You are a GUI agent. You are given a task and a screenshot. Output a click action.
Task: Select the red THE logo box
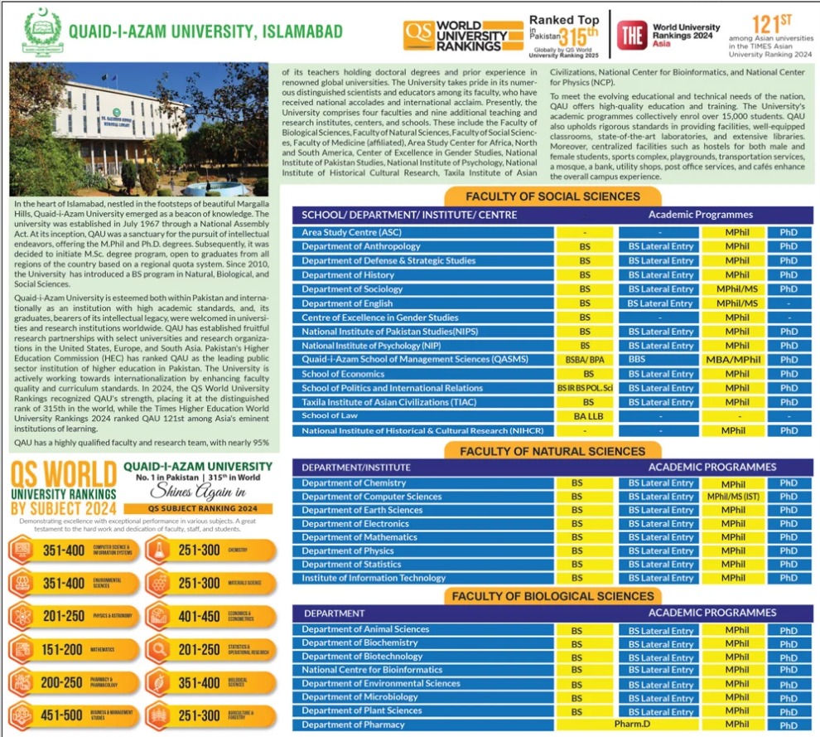632,33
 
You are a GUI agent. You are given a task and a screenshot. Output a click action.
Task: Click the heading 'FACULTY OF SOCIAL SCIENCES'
552,196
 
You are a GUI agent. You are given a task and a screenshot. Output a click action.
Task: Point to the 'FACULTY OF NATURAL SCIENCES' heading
552,451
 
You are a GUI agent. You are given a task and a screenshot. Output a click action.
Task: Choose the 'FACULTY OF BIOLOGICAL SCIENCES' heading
552,596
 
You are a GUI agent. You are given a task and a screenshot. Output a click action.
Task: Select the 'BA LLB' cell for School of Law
586,416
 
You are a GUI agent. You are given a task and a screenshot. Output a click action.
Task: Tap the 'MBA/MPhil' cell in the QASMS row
733,360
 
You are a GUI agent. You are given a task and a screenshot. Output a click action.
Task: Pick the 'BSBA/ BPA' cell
586,360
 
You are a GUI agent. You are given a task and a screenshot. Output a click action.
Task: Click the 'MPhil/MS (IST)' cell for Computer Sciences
733,497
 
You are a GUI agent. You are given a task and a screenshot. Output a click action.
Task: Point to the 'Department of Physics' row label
348,551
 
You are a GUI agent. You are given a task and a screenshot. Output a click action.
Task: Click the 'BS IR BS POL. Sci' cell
586,388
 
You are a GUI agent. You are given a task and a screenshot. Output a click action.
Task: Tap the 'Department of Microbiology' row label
354,697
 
